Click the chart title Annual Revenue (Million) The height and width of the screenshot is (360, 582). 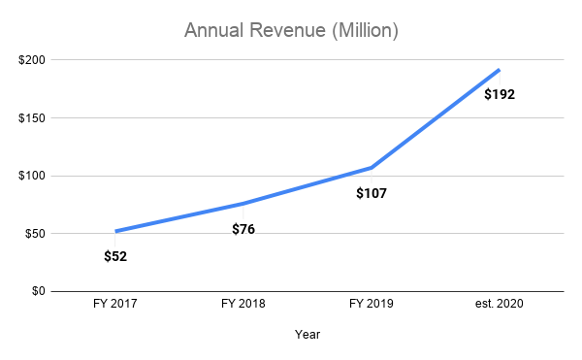(291, 31)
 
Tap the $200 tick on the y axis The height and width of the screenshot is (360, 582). (30, 60)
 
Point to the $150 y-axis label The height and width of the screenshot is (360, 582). (30, 118)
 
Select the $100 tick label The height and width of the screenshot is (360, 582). (30, 176)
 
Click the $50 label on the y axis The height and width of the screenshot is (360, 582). (33, 234)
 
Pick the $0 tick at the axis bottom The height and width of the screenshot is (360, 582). (37, 291)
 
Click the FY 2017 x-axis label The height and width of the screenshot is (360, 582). (115, 304)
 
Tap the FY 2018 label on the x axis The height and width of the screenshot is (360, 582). (243, 304)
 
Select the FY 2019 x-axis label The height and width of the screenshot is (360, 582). (372, 304)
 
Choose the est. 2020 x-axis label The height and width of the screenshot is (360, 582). (500, 304)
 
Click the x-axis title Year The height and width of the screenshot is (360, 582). (307, 335)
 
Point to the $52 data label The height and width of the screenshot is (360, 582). (115, 257)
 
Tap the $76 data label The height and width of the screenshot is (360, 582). (243, 230)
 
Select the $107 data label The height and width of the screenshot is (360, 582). (372, 194)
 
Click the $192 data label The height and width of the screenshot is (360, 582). (500, 95)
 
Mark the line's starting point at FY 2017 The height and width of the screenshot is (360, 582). (115, 231)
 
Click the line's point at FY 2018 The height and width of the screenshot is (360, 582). (243, 204)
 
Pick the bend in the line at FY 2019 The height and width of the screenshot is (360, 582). (372, 168)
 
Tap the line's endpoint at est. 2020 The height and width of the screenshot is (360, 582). (500, 70)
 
